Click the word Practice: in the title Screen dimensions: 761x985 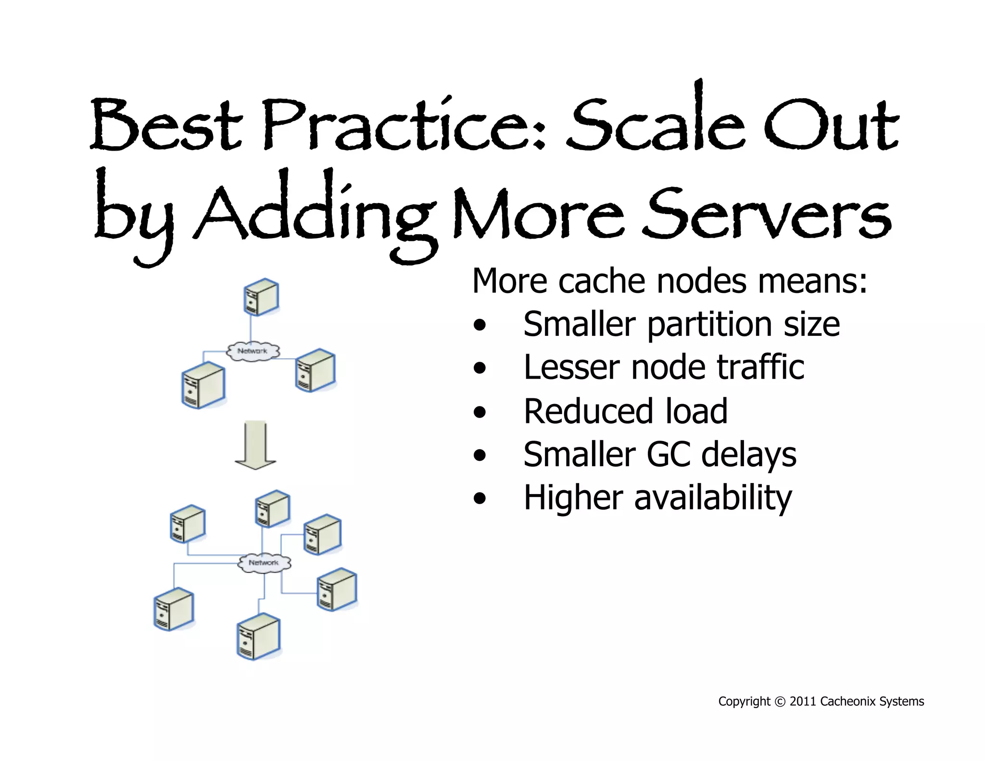[x=404, y=126]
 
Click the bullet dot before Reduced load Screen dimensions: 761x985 [x=480, y=412]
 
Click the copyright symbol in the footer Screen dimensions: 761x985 [x=780, y=702]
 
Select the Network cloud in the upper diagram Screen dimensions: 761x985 [x=253, y=351]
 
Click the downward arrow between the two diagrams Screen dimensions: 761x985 [x=255, y=445]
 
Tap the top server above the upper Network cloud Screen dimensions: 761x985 [x=261, y=297]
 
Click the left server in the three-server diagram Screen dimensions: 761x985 [x=203, y=385]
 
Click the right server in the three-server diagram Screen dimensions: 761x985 [x=316, y=370]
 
